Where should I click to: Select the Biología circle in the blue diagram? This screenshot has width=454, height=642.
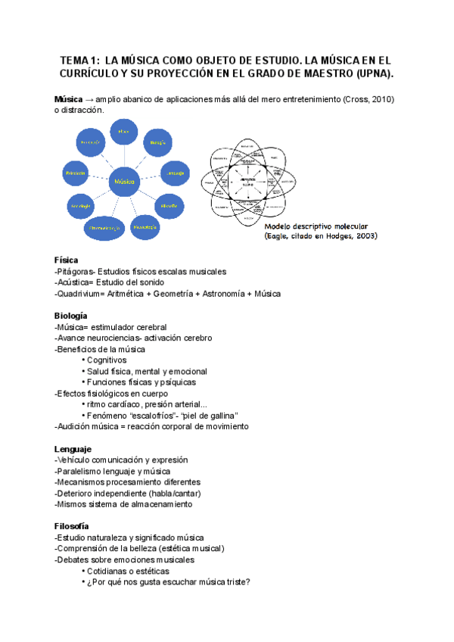click(157, 141)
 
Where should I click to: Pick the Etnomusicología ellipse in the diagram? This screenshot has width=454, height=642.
click(103, 226)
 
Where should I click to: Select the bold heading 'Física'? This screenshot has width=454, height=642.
click(67, 260)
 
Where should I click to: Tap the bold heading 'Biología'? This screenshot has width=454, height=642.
click(70, 315)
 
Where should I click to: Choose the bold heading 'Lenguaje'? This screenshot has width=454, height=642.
click(73, 449)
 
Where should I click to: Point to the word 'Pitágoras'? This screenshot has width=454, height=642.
click(75, 271)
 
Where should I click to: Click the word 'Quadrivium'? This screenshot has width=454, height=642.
click(79, 294)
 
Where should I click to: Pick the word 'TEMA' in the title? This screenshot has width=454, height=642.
click(75, 60)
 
